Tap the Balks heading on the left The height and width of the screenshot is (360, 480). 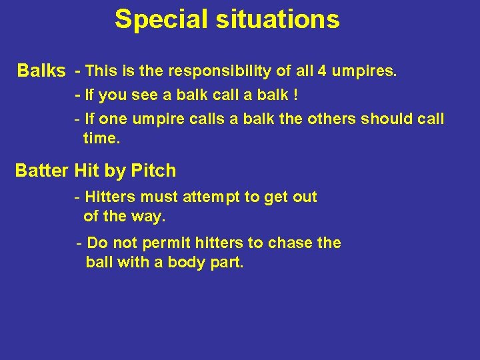[41, 71]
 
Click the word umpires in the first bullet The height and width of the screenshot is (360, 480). [367, 71]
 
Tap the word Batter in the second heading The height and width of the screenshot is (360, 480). [42, 171]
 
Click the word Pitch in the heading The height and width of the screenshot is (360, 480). [153, 171]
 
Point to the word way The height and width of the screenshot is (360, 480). [150, 217]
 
